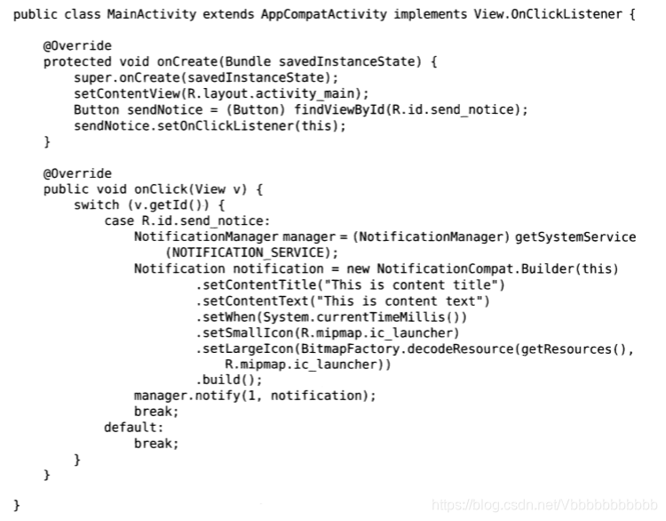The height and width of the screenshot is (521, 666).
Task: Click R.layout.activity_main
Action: (266, 94)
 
